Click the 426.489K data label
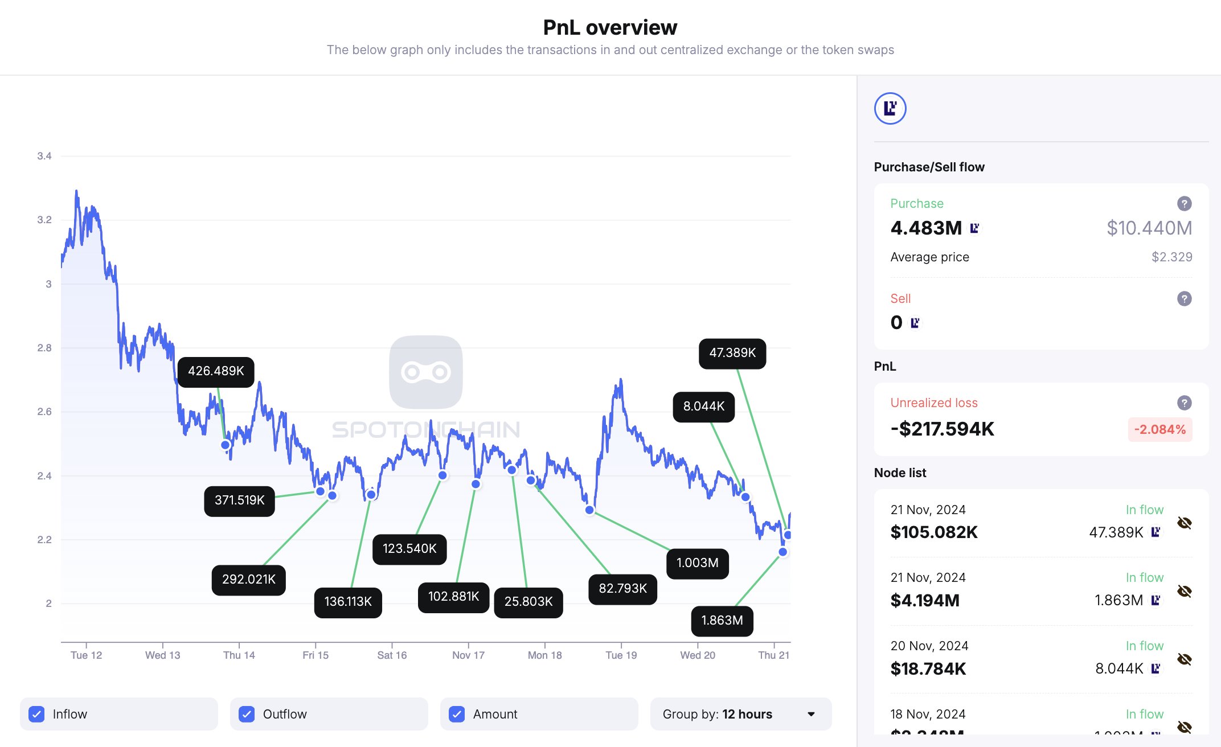(216, 371)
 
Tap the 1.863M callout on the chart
(722, 621)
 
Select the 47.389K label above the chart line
(732, 353)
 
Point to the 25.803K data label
(528, 602)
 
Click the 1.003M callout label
(697, 563)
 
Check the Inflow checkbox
(37, 714)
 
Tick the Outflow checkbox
(247, 714)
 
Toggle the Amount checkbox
(457, 714)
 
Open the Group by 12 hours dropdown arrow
(811, 714)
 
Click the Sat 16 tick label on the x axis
(392, 655)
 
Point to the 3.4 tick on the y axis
(44, 156)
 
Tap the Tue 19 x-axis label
(621, 655)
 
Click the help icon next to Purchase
(1184, 204)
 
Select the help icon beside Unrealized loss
(1184, 403)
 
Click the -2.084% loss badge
(1159, 429)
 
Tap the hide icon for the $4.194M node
(1184, 591)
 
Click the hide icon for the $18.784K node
(1184, 659)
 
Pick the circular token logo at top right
(890, 108)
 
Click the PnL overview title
(610, 27)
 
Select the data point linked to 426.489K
(226, 445)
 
